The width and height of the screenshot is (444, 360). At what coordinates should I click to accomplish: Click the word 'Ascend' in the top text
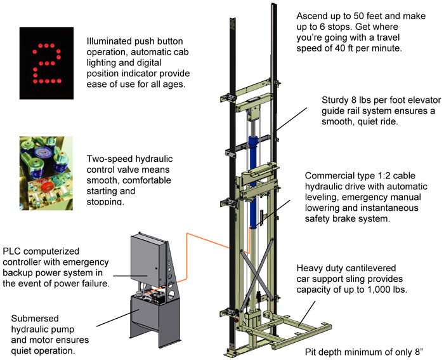point(313,15)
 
